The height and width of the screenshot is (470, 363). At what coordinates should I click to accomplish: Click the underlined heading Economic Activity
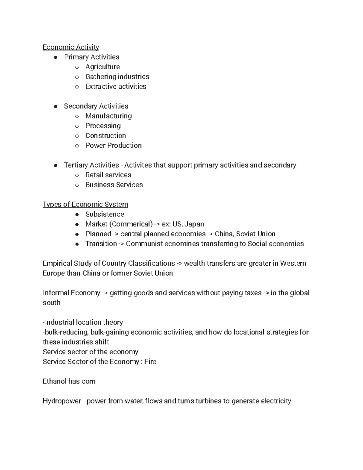coord(71,47)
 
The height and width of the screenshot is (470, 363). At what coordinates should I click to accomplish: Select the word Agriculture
coord(103,67)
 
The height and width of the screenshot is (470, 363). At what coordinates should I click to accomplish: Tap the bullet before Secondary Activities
coord(55,107)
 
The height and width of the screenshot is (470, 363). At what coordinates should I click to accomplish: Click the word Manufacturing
coord(109,116)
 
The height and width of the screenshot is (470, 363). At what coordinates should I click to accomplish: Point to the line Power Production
coord(113,146)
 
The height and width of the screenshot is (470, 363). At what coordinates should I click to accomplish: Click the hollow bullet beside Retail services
coord(77,175)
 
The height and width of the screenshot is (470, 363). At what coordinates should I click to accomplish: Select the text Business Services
coord(114,185)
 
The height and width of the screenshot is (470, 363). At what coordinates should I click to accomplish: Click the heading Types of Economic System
coord(85,205)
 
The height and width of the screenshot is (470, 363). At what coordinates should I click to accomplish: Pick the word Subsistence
coord(105,214)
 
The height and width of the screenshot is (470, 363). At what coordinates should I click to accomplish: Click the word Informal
coord(56,293)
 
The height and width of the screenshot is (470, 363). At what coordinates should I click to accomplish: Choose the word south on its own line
coord(51,303)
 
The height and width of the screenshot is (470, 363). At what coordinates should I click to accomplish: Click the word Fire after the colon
coord(150,362)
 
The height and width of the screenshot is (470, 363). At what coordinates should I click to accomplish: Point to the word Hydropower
coord(62,401)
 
